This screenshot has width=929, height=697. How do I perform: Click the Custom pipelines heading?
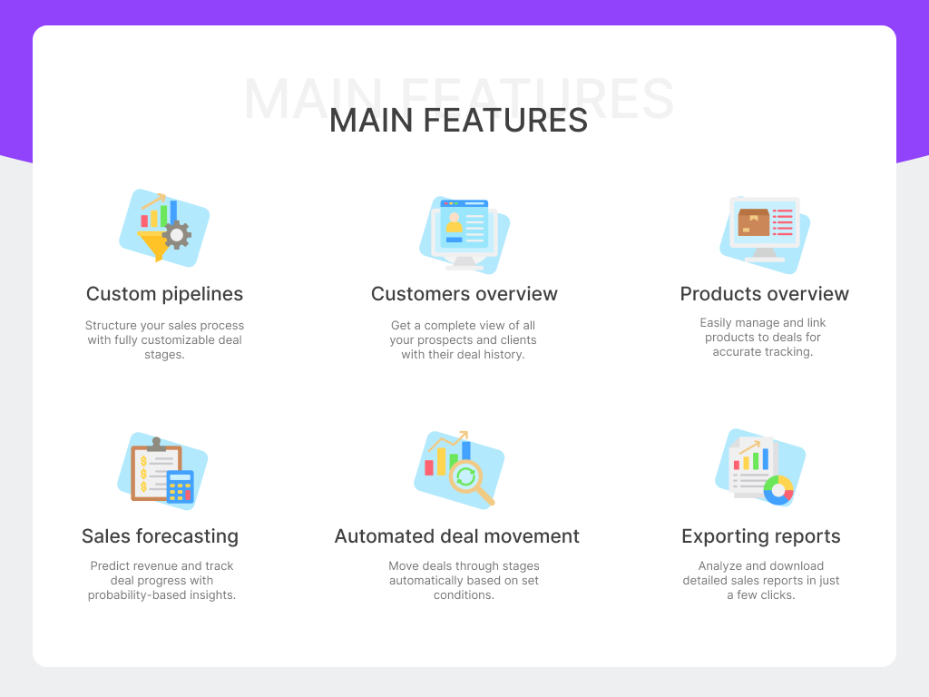coord(164,294)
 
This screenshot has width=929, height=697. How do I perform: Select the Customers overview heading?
coord(464,294)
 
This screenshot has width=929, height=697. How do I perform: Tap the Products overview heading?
coord(764,294)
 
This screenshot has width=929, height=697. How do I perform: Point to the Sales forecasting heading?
coord(160,536)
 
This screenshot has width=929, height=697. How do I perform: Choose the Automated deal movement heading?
coord(456,536)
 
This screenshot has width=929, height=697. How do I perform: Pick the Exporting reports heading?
coord(760,536)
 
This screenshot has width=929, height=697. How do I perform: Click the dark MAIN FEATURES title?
coord(458,121)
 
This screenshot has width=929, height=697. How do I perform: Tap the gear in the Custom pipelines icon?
coord(177,235)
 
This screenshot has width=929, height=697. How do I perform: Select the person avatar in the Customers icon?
coord(454,223)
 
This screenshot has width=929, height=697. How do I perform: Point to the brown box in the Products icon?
coord(753,222)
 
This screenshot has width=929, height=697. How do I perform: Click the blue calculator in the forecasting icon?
coord(181,486)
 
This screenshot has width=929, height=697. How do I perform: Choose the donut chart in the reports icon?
coord(778,490)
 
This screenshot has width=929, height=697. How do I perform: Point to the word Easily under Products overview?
coord(719,323)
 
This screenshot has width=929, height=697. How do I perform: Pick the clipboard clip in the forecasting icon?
coord(156,444)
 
